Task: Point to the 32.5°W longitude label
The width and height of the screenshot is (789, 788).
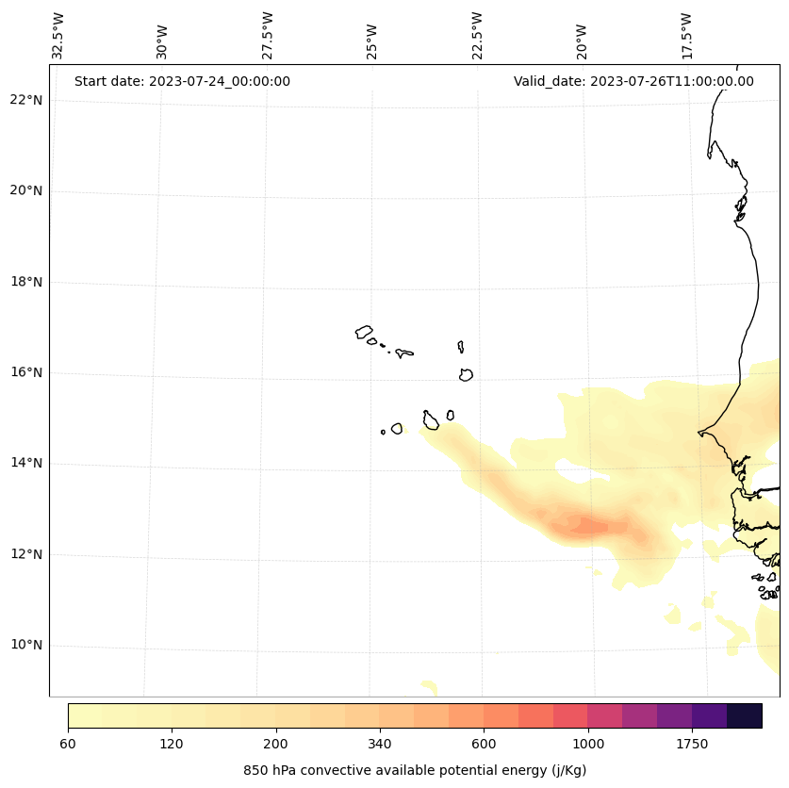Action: coord(58,36)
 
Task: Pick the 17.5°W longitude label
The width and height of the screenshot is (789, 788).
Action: coord(686,36)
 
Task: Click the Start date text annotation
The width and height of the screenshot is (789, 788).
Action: coord(182,81)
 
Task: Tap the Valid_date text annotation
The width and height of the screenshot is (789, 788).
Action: coord(633,81)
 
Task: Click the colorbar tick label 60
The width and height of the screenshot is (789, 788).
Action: coord(68,745)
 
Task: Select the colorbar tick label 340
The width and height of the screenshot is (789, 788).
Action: coord(380,745)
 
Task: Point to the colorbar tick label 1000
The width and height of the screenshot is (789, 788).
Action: coord(588,745)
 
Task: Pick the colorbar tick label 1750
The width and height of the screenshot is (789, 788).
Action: coord(692,745)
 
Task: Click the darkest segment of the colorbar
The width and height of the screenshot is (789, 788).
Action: coord(745,715)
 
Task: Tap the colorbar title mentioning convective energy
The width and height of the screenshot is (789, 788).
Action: coord(415,770)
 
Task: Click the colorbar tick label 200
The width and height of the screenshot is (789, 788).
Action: coord(275,745)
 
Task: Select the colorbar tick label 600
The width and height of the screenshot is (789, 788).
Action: coord(484,745)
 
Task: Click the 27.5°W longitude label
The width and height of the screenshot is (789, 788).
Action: coord(268,36)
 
